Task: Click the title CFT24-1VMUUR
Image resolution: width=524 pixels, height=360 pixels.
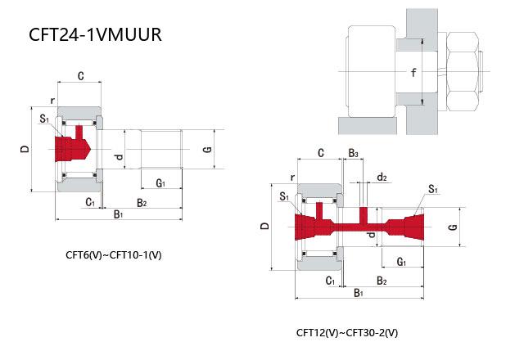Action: click(95, 34)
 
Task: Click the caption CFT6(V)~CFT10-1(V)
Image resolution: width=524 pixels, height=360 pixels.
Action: click(114, 255)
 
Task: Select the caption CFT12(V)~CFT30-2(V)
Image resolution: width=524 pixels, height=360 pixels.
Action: click(347, 333)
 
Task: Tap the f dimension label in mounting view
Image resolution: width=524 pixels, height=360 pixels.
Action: click(413, 73)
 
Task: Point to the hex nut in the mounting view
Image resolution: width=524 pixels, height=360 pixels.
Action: click(463, 71)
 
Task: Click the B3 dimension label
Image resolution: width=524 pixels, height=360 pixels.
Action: click(353, 153)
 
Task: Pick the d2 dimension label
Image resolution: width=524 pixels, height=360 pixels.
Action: click(382, 177)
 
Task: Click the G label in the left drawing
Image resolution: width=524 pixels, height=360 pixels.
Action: click(207, 149)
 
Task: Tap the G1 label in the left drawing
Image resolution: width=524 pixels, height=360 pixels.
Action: click(160, 183)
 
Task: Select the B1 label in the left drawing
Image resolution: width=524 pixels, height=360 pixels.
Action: click(118, 214)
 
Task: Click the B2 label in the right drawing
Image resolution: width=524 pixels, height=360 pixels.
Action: click(382, 281)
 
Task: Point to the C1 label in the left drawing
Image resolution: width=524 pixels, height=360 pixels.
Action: click(90, 202)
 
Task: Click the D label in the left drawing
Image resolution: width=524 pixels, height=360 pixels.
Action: click(25, 149)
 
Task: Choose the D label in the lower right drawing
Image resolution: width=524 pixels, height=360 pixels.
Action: click(264, 226)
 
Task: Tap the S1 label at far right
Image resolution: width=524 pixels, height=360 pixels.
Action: click(433, 189)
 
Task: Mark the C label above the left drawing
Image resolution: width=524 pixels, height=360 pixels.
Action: click(81, 76)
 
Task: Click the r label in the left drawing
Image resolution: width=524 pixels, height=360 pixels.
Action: click(52, 101)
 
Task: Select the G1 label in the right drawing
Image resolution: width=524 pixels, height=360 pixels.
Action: click(401, 262)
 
